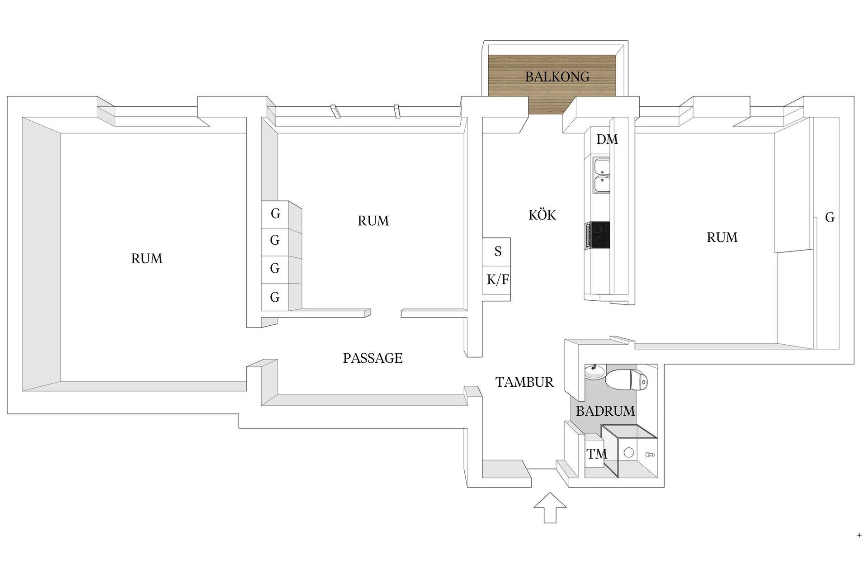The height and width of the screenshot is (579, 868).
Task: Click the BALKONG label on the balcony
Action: pos(557,77)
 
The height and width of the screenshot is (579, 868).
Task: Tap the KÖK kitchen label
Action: pos(542,214)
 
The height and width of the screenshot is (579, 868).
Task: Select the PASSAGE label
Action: pos(373,358)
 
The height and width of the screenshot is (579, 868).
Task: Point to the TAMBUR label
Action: pos(524,382)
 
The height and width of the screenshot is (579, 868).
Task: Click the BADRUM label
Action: pos(605,411)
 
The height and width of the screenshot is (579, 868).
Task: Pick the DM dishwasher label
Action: pos(607,139)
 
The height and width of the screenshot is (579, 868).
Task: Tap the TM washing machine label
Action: pos(597,454)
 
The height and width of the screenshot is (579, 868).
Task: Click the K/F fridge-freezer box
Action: pos(496,280)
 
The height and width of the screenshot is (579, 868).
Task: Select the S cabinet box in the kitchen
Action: pos(496,252)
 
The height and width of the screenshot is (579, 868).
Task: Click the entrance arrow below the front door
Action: pos(550,508)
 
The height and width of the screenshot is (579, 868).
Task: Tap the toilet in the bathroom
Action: pos(626,380)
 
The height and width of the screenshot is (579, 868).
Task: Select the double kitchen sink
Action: pos(602,175)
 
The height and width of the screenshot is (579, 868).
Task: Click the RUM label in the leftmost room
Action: pos(146,259)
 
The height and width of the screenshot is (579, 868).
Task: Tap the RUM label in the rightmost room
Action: pos(722,237)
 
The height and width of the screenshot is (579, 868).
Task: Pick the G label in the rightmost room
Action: pos(830,218)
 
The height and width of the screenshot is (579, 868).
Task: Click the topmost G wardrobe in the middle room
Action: pos(275,214)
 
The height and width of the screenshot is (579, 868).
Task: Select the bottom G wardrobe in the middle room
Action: pos(275,297)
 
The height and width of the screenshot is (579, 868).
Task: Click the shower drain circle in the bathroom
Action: pos(628,452)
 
